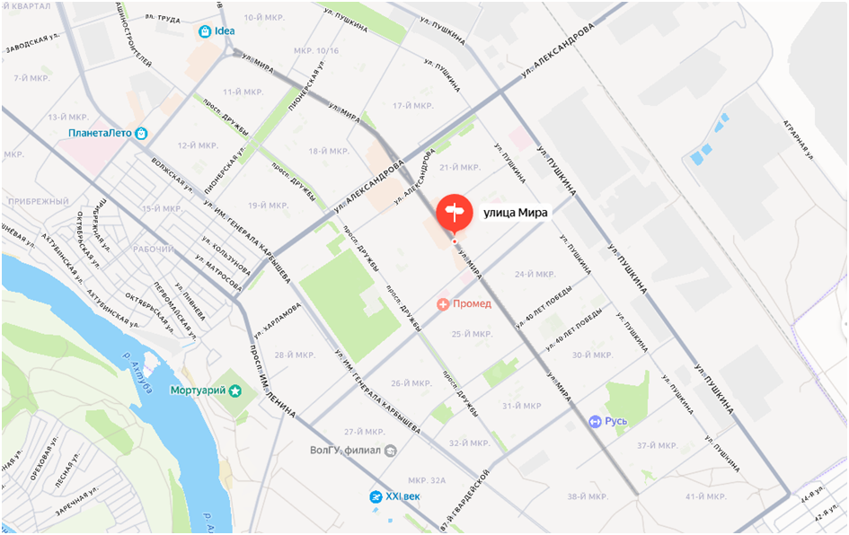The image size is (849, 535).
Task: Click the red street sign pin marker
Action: pos(454,212)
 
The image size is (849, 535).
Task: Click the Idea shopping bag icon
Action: pos(205,31)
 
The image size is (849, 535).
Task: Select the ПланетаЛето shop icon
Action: pos(140,133)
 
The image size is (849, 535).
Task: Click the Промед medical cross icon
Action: pos(443,304)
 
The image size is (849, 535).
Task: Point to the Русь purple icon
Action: pos(595,421)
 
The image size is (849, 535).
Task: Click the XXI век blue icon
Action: pos(376,496)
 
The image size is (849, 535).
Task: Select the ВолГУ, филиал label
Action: pos(345,450)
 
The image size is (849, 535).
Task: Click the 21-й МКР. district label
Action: pos(461,168)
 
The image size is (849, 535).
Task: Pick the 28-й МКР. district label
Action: pos(296,355)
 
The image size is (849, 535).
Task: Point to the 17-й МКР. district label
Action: pos(414,106)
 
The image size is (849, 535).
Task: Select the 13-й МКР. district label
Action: pos(68,117)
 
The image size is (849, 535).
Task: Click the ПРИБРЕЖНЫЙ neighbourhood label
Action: pos(35,201)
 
